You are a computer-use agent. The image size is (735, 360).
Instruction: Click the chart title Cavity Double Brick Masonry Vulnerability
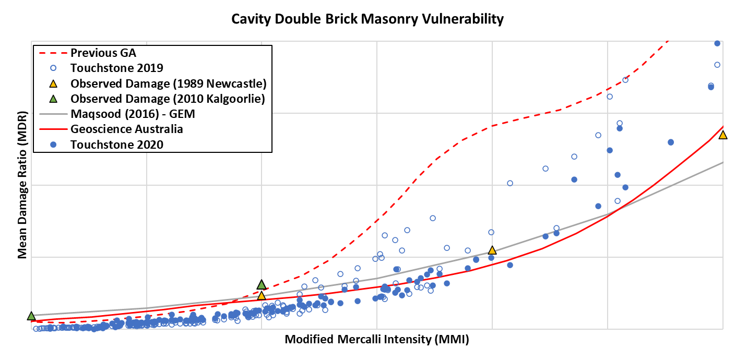click(367, 19)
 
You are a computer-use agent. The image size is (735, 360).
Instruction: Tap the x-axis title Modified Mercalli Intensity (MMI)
click(376, 340)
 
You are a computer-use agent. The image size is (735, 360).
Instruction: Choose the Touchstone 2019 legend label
click(117, 68)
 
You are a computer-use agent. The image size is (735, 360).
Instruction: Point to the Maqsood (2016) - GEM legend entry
click(133, 114)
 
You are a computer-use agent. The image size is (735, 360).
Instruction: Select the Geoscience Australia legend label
click(127, 129)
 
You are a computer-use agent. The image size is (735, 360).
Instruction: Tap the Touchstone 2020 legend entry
click(117, 145)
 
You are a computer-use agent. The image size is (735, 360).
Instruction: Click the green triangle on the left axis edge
click(31, 316)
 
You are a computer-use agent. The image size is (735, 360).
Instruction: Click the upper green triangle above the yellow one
click(262, 285)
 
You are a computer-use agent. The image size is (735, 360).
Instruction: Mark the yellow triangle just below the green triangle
click(262, 296)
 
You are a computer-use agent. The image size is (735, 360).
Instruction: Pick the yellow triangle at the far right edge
click(722, 135)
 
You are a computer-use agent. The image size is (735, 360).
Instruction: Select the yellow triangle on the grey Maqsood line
click(492, 250)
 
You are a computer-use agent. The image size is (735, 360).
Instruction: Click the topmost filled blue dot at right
click(717, 43)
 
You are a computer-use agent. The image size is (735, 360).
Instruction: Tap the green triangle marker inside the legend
click(53, 99)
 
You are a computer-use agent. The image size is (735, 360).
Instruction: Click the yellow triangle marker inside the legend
click(53, 83)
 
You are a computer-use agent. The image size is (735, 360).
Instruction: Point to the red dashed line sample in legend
click(53, 53)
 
